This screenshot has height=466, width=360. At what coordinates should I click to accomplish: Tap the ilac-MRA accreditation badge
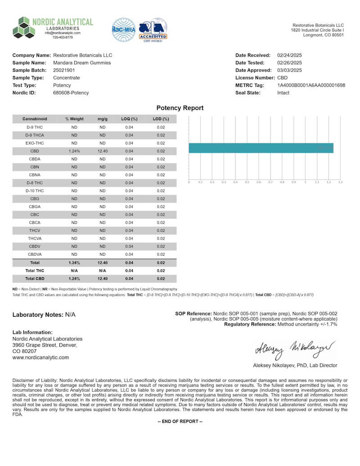123,29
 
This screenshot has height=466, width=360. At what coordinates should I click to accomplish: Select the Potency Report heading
180,108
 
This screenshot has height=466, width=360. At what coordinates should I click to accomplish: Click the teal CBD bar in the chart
261,148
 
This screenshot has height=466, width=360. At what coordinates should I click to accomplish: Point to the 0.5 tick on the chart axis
247,182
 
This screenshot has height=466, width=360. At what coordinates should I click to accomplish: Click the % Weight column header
74,119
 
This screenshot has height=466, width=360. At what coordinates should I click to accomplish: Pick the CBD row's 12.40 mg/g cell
102,151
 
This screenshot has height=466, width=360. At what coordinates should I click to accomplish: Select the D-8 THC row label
35,183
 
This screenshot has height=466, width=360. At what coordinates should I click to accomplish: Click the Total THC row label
35,271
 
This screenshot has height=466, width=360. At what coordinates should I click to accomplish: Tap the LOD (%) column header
161,119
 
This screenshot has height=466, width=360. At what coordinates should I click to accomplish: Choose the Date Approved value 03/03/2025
289,70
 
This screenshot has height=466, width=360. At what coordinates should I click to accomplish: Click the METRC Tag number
311,85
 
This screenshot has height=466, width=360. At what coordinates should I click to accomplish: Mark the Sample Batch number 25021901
64,70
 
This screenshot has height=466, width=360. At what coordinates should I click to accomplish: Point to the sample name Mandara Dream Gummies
81,63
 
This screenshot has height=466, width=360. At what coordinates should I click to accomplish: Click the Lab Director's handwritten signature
295,348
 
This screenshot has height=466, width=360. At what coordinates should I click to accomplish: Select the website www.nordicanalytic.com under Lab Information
41,357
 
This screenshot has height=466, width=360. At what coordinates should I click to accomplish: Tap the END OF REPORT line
180,421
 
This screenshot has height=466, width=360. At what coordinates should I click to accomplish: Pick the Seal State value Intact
283,93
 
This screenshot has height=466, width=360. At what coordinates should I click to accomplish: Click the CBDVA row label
35,254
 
